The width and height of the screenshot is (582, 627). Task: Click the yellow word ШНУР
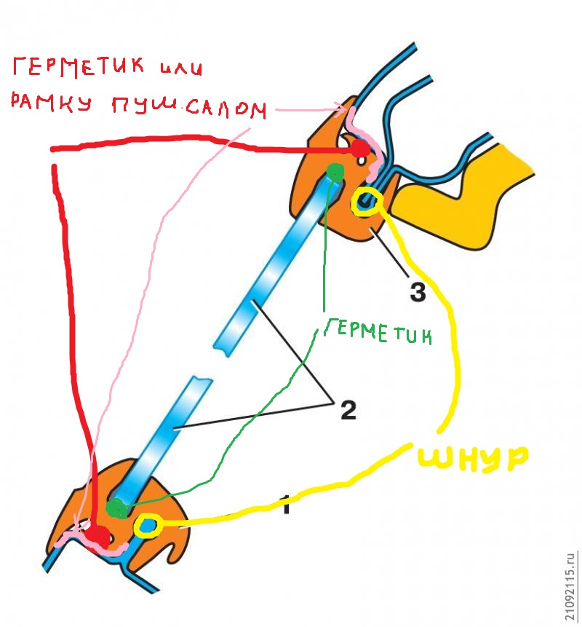(x=473, y=457)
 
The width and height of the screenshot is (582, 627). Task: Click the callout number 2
(x=348, y=411)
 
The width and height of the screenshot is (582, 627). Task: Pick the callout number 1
(x=286, y=504)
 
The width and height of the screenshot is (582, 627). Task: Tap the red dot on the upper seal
(x=359, y=149)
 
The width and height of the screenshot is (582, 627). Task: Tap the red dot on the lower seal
(x=97, y=537)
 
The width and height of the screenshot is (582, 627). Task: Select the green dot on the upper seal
(x=335, y=172)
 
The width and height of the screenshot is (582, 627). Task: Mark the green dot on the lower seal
(x=116, y=508)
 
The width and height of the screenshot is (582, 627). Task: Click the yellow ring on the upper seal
(x=364, y=204)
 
